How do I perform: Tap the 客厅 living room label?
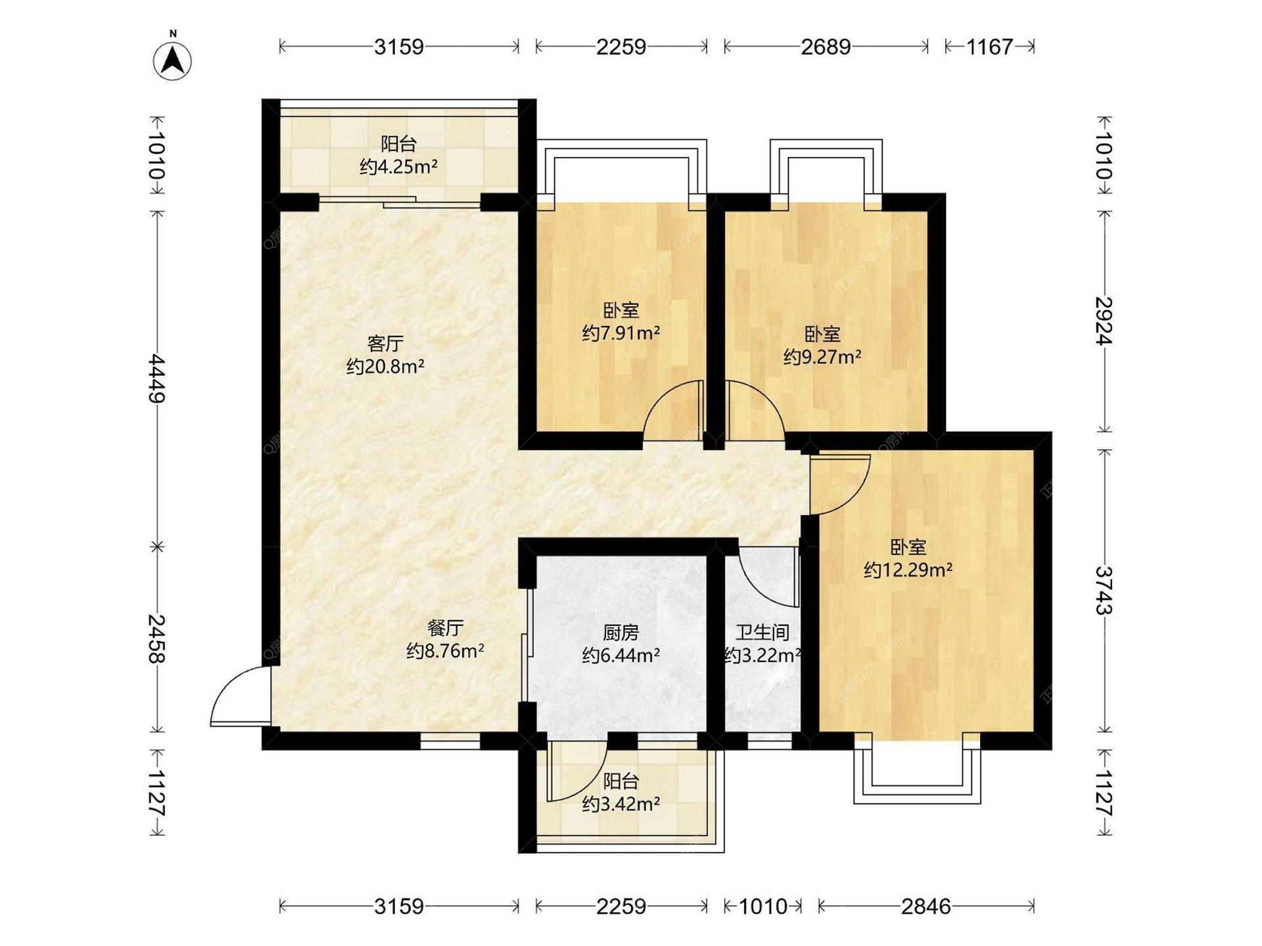[385, 344]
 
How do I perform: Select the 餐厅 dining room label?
[446, 628]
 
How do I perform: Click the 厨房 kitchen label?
[621, 633]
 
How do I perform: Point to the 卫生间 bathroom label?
[762, 633]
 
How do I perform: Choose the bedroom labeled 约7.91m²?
[621, 321]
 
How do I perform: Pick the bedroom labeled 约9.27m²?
[822, 346]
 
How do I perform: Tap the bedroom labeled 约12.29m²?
[908, 558]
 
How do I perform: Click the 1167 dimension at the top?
[990, 47]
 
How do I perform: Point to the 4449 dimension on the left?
[156, 378]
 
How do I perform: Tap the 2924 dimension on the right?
[1104, 321]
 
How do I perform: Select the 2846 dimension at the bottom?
[926, 907]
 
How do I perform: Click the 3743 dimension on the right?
[1104, 590]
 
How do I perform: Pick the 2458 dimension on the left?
[156, 639]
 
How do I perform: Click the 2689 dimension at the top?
[826, 47]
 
